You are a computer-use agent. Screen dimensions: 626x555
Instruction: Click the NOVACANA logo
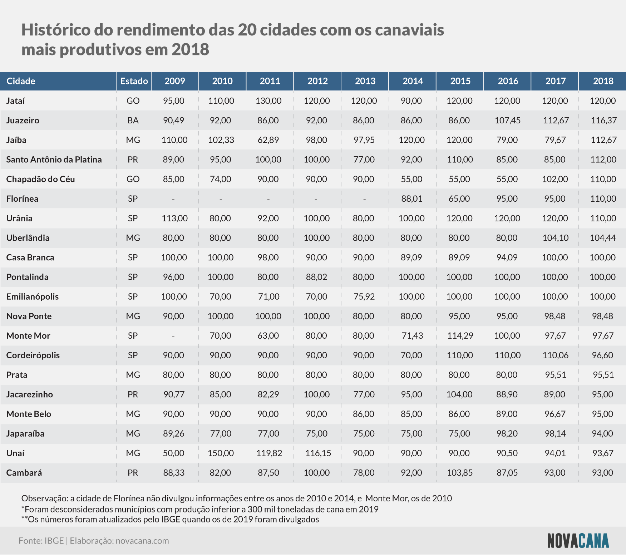[x=578, y=541]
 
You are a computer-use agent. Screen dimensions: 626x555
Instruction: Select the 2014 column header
[x=413, y=81]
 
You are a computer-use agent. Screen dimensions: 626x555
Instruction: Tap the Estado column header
[x=134, y=81]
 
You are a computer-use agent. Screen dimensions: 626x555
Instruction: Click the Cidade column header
[x=21, y=81]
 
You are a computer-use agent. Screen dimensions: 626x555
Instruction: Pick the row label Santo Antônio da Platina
[x=54, y=159]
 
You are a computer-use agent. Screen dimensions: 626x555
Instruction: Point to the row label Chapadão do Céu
[x=40, y=179]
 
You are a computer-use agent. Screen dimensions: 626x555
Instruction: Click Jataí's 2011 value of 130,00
[x=268, y=101]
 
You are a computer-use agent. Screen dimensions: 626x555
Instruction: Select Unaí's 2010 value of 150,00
[x=221, y=453]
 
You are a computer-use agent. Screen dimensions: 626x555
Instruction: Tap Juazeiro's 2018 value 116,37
[x=603, y=121]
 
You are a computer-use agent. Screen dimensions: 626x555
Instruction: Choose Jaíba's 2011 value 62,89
[x=268, y=140]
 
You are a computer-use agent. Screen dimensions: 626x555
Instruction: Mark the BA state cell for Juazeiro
[x=133, y=121]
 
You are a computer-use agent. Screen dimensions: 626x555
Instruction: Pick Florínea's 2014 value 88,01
[x=412, y=199]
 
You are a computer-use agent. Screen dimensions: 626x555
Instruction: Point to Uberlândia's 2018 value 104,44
[x=603, y=238]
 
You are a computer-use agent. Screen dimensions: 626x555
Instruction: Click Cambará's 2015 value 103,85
[x=460, y=473]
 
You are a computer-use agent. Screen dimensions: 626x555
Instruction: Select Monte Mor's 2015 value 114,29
[x=460, y=336]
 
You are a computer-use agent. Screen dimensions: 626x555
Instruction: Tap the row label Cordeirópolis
[x=33, y=355]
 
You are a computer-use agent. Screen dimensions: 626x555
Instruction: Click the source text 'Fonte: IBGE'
[x=41, y=541]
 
